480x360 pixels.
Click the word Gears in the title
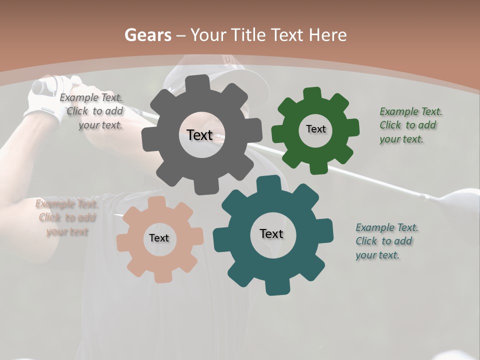147,35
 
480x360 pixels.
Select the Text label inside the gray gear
199,134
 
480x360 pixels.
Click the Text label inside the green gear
315,129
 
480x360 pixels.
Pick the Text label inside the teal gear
271,233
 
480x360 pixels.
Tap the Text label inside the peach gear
159,238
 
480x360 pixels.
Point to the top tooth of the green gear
312,94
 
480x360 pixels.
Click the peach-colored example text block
66,217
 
